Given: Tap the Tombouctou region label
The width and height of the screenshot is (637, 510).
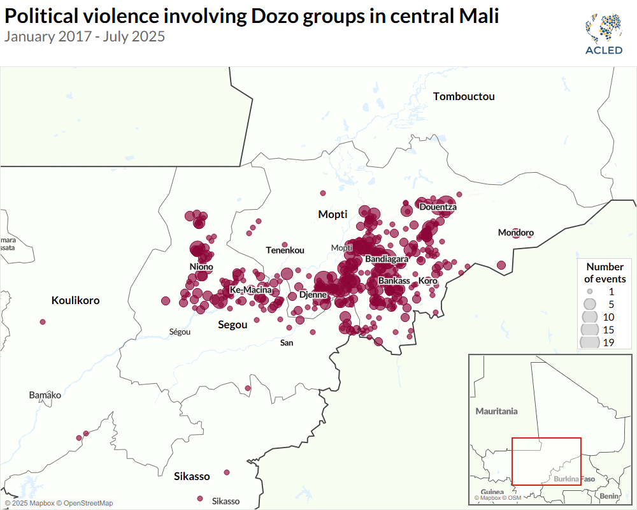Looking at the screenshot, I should [x=464, y=97].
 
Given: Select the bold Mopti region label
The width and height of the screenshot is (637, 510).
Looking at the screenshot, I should [x=333, y=214].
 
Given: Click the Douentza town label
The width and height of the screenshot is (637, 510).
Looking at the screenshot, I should [x=438, y=207].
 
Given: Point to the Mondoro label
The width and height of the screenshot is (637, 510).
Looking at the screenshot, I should [x=516, y=233].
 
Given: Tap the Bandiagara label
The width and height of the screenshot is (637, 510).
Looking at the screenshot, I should [x=387, y=259].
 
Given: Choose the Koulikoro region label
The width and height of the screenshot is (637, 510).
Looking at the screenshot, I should [x=76, y=300].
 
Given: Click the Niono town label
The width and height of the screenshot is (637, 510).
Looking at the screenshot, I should [x=201, y=266].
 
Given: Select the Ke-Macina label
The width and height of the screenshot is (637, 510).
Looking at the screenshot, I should [x=251, y=290].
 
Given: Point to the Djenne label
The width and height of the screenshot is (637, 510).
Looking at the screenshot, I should [x=313, y=295].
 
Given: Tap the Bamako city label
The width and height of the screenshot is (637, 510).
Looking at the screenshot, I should [x=45, y=395].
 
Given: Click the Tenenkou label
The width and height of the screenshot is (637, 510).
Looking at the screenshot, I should [x=285, y=250].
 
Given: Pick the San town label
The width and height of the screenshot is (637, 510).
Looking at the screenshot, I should [x=287, y=343].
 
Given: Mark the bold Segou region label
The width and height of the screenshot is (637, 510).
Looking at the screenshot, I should [x=233, y=324].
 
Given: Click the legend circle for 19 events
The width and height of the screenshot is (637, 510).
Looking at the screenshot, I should [x=590, y=342].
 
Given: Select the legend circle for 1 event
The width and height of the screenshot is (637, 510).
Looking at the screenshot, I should [x=590, y=290].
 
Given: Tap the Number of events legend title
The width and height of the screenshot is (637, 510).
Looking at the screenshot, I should [x=605, y=273].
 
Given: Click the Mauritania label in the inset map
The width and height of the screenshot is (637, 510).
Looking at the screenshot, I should [x=497, y=411].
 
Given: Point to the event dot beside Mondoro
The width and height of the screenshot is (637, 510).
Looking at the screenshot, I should [x=501, y=265].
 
